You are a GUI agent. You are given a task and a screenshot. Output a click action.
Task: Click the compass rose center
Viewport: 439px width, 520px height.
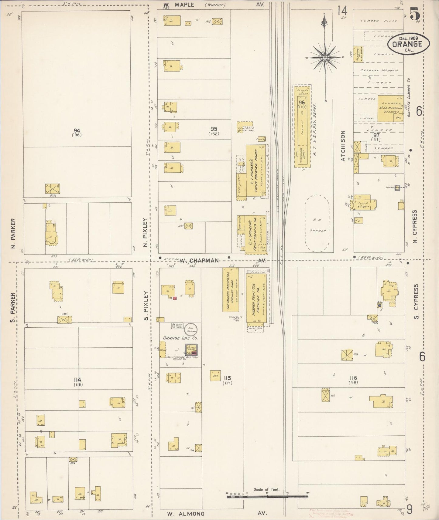click(x=324, y=57)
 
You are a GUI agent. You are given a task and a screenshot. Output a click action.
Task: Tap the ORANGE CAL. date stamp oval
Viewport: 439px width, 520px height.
click(x=409, y=44)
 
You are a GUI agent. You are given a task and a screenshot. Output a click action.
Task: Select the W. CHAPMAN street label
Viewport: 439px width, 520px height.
click(x=199, y=260)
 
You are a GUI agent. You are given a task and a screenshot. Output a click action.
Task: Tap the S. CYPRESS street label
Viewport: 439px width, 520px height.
click(x=416, y=301)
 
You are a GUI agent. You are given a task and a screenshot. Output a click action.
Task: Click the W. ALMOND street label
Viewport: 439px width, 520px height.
click(x=186, y=514)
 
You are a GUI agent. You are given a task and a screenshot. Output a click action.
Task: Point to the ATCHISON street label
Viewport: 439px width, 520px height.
click(x=343, y=146)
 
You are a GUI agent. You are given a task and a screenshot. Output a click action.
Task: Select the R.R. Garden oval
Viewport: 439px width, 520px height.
click(x=317, y=223)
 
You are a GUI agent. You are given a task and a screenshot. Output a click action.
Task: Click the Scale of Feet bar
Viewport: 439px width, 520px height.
click(x=267, y=497)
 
